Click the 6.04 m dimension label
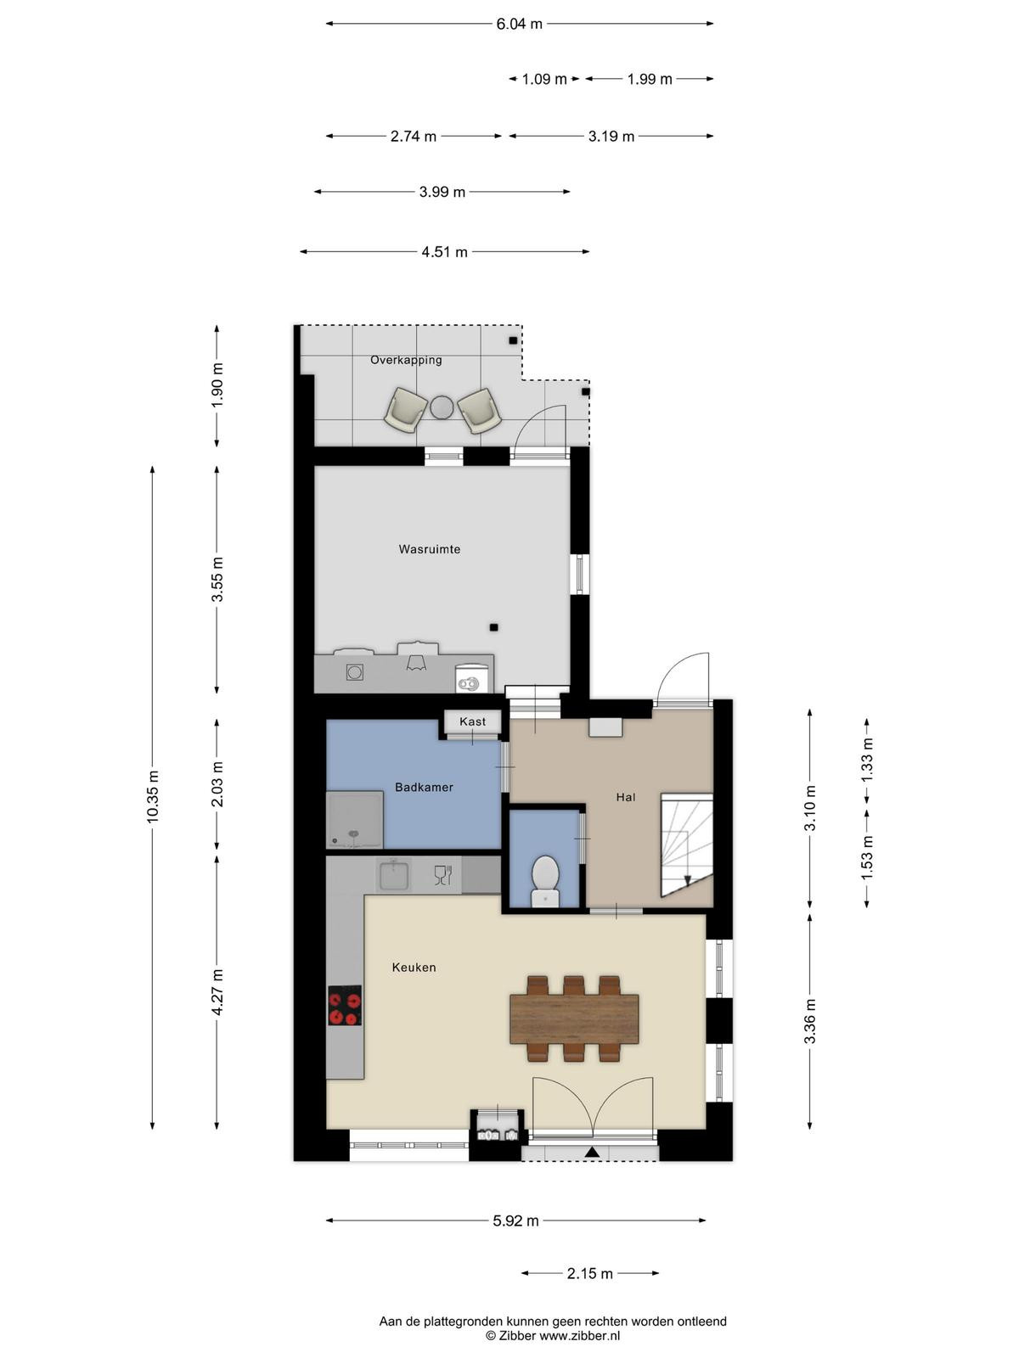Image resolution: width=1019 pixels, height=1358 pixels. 519,24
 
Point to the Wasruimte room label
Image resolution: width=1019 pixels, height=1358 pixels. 430,549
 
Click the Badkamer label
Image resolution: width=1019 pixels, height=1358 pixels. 424,788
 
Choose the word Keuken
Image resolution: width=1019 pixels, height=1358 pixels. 414,968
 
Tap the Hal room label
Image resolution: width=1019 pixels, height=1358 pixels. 626,798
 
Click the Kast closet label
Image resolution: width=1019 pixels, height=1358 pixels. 473,721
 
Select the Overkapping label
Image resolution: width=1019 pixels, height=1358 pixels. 406,360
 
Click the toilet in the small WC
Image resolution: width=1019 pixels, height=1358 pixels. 545,881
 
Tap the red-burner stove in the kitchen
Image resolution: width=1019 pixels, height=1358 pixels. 345,1006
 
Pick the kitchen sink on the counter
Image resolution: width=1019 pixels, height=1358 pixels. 394,875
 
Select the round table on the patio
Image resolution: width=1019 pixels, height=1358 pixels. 442,407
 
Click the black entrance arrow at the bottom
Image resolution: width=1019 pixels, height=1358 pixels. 592,1152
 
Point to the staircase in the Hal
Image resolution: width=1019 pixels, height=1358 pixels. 687,845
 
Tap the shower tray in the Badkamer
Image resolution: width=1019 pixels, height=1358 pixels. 354,820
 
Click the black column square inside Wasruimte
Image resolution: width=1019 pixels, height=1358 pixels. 493,627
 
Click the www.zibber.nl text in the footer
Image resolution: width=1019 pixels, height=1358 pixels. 580,1336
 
